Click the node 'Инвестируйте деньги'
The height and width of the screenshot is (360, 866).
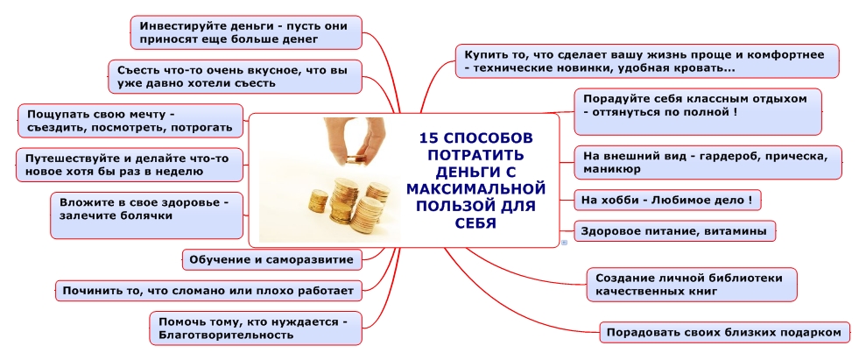click(x=243, y=33)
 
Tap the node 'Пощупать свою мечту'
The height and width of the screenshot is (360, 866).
click(x=130, y=121)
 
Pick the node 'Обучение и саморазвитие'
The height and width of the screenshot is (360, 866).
click(x=271, y=259)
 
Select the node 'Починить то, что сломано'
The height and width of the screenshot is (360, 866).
click(x=207, y=290)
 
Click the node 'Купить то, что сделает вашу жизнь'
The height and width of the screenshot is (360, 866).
click(x=646, y=61)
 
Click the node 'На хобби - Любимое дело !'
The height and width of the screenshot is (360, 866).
click(x=666, y=200)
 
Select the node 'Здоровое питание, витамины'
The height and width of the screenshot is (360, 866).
click(x=674, y=231)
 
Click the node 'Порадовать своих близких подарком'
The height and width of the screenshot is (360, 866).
click(x=725, y=332)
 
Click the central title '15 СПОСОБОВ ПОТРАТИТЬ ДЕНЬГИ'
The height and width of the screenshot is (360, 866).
click(x=475, y=180)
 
